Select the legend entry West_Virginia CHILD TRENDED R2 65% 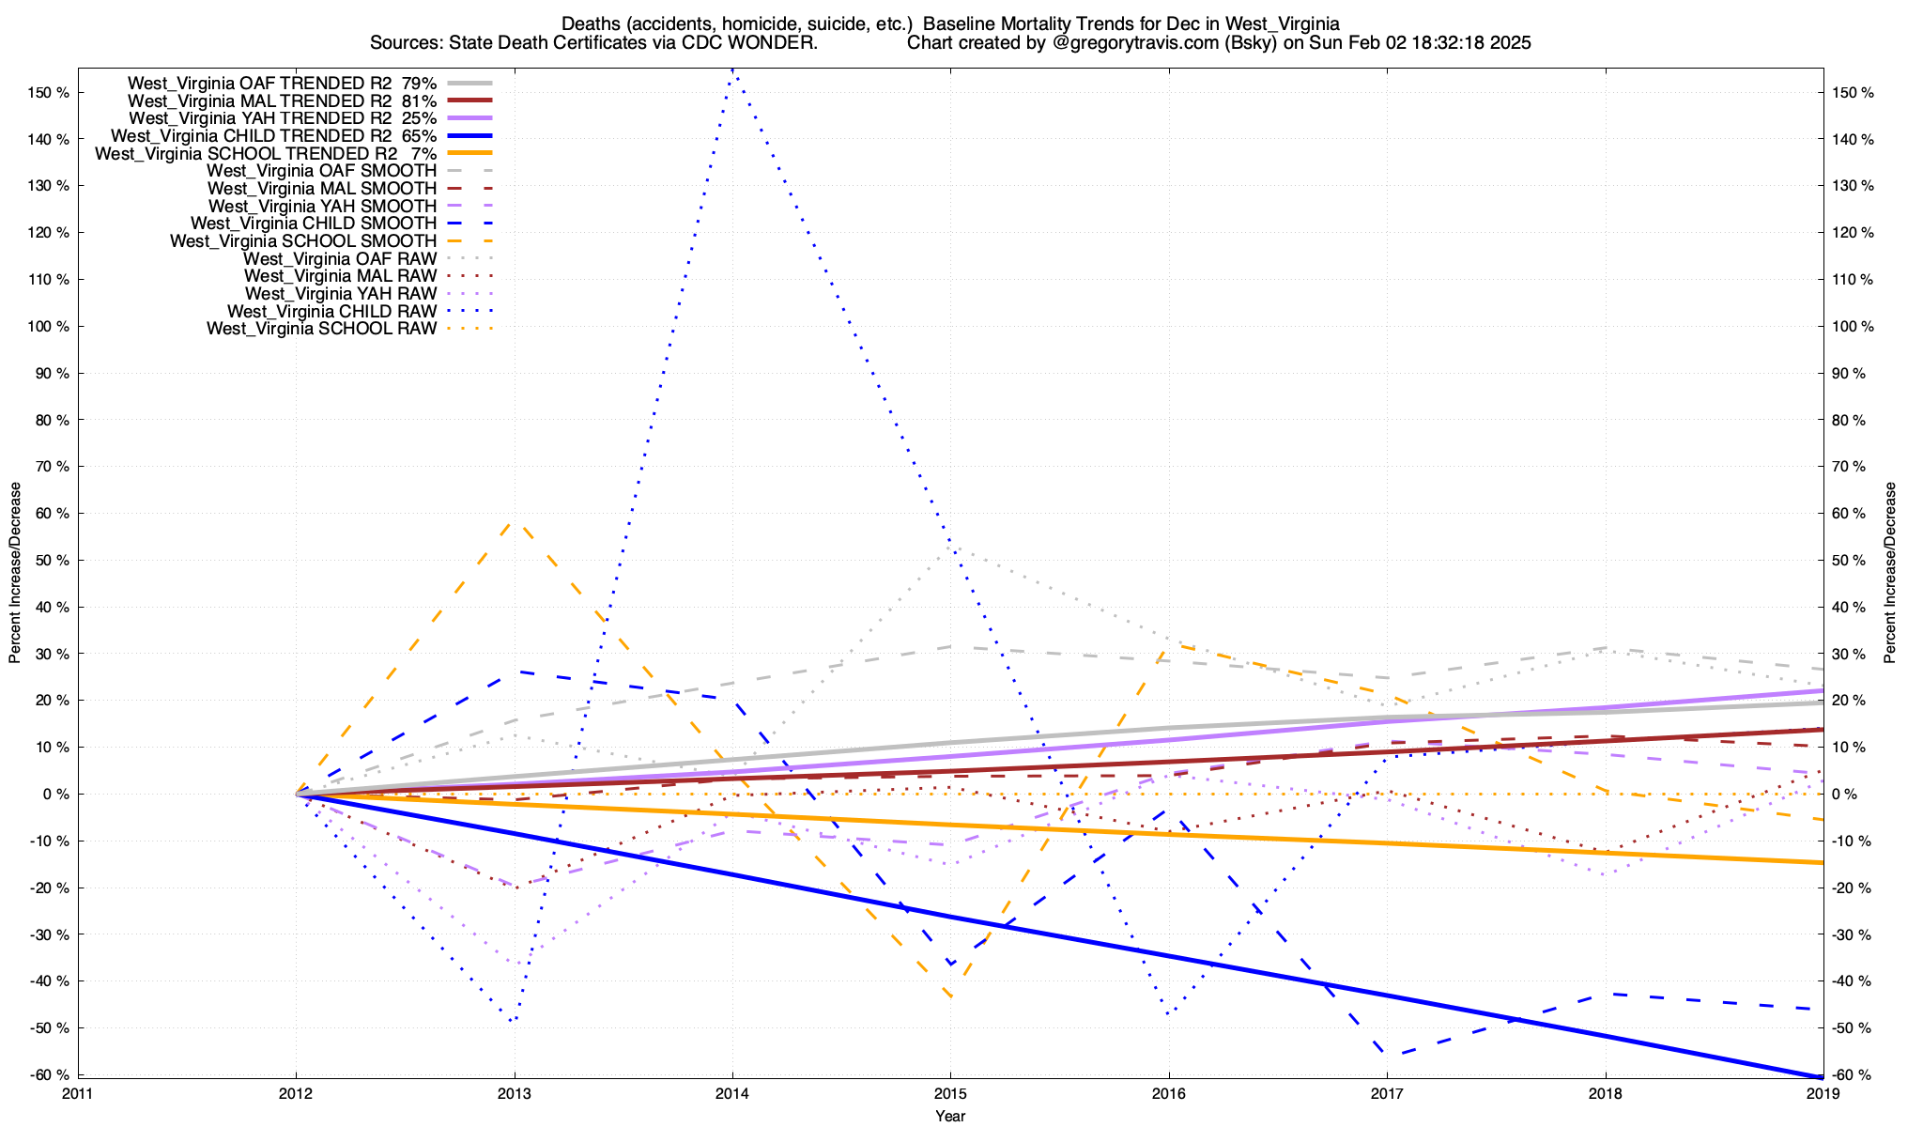(x=273, y=136)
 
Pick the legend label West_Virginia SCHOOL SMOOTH (x=303, y=241)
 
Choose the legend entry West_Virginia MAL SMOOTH (x=322, y=189)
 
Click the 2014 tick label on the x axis (x=731, y=1093)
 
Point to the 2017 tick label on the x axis (x=1387, y=1093)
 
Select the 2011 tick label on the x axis (x=78, y=1093)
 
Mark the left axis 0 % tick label (x=55, y=795)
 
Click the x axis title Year (x=950, y=1116)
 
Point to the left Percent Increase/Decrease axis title (x=15, y=573)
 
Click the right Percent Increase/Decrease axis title (x=1889, y=573)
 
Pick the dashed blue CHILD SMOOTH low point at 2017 (x=1387, y=1055)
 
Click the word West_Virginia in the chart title (x=1282, y=24)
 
